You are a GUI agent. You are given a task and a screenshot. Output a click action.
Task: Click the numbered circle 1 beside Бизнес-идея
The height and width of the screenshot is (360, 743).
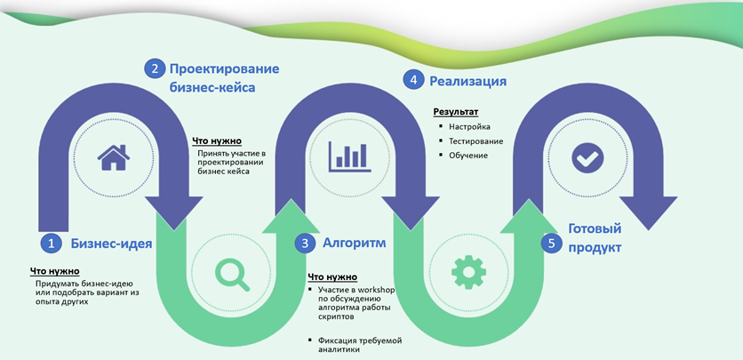click(x=51, y=243)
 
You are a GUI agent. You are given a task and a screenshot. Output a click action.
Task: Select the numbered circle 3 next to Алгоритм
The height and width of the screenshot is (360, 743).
click(x=306, y=243)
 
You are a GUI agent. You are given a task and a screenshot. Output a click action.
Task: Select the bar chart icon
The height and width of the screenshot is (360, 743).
click(x=348, y=157)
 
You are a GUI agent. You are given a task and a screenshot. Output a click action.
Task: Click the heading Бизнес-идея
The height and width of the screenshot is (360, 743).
click(x=112, y=243)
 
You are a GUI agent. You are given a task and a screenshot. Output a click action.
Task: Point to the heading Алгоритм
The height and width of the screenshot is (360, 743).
click(x=354, y=243)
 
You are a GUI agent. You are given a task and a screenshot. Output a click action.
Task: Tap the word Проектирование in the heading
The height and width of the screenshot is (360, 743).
click(x=225, y=68)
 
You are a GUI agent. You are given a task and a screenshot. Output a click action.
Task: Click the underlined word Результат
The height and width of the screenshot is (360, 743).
click(x=455, y=112)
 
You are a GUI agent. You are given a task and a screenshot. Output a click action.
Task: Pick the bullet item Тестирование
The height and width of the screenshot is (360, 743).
click(x=475, y=141)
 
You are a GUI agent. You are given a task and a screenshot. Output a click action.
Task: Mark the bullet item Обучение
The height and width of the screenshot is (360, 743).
click(x=468, y=156)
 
